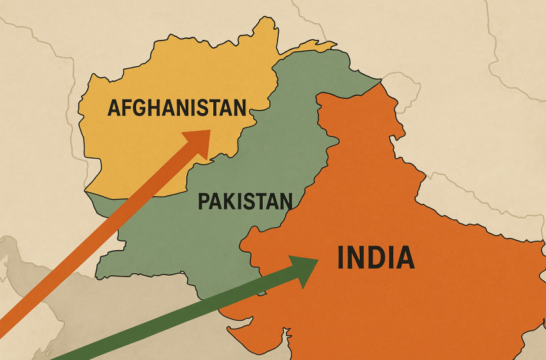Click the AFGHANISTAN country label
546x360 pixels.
177,107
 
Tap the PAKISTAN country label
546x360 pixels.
244,202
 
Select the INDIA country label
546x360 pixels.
376,258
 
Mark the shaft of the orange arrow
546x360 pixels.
96,231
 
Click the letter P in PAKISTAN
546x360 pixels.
204,202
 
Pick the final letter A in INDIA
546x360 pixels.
403,258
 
